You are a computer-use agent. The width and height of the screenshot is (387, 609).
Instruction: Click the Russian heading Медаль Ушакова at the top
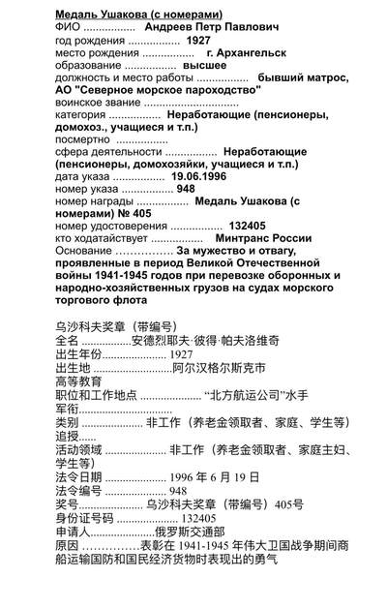[x=139, y=12]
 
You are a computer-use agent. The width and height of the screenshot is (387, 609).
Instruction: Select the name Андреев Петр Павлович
[x=211, y=27]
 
